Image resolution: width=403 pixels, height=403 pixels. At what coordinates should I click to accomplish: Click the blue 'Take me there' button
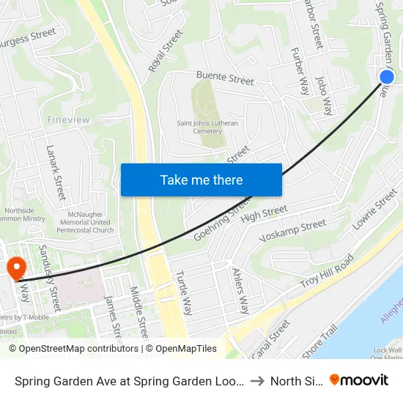pos(201,180)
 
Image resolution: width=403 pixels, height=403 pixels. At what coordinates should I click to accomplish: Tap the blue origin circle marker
pos(387,77)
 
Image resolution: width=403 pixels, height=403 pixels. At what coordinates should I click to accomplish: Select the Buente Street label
pos(224,78)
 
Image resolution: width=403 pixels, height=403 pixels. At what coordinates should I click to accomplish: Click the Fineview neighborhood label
pos(67,119)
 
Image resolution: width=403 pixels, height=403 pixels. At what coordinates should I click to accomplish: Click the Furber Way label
pos(300,72)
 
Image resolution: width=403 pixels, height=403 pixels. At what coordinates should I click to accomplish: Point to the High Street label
pos(264,213)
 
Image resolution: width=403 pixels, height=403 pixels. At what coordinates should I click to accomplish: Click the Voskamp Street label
pos(293,230)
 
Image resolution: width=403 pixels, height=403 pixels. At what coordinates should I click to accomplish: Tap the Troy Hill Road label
pos(327,272)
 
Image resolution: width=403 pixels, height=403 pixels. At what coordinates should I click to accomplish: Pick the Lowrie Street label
pos(374,210)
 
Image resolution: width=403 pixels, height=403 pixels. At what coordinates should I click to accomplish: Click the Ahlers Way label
pos(240,289)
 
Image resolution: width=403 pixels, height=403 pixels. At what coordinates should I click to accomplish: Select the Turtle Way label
pos(183,292)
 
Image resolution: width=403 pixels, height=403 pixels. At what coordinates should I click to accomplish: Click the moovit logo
pos(359,380)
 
